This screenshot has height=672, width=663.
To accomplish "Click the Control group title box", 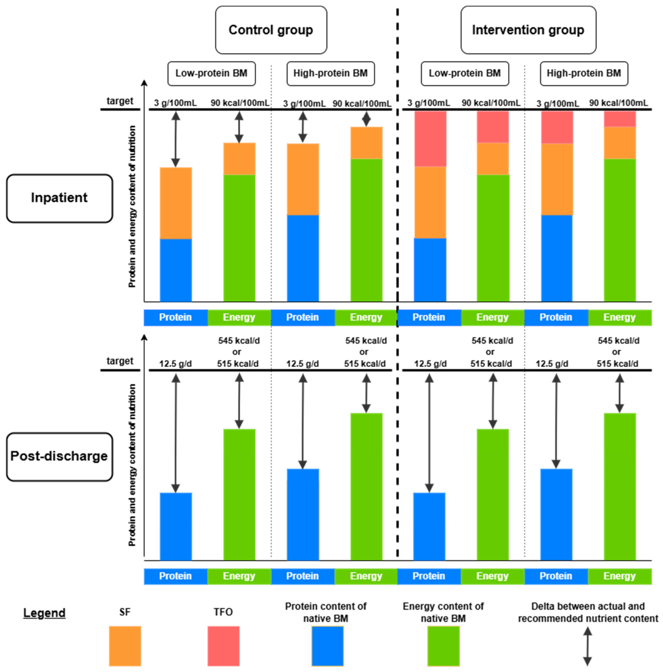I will pos(271,30).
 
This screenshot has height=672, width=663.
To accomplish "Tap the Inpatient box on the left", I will pos(59,198).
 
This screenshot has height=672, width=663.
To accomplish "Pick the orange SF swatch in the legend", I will pos(125,646).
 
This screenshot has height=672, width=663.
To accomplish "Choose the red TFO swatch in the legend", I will pos(223,646).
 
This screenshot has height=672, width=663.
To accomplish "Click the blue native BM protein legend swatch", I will pos(327,646).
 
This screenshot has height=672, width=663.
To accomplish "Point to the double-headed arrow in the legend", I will pos(587,646).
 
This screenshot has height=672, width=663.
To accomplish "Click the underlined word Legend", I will pos(44,613).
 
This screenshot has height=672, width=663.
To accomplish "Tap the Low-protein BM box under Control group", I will pos(211,73).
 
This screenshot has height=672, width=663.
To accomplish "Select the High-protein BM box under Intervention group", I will pos(584,73).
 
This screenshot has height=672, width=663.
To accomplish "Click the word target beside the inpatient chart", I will pos(120,101).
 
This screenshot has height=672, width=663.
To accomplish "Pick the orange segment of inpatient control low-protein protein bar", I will pos(175,203).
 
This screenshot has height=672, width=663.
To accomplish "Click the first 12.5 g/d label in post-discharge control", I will pos(175,364).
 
